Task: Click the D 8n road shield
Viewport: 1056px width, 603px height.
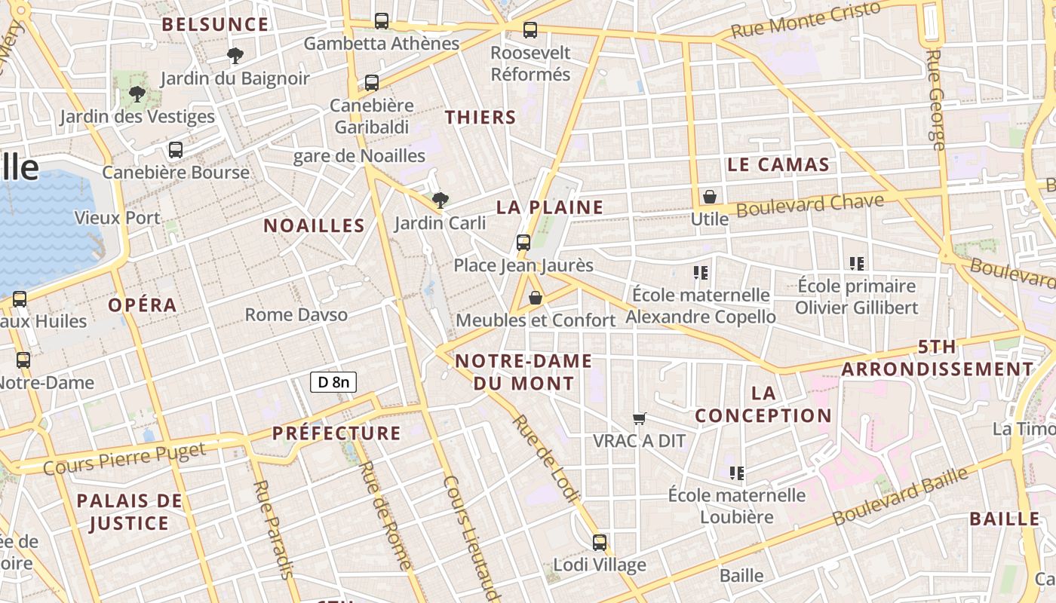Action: point(333,382)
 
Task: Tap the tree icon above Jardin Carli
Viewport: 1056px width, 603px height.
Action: point(441,200)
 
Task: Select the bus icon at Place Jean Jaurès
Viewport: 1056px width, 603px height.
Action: point(523,243)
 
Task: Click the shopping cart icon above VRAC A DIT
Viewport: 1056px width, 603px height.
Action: point(640,418)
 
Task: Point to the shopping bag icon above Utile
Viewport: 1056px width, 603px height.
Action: point(710,197)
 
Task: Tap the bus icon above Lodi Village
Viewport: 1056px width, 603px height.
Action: point(600,542)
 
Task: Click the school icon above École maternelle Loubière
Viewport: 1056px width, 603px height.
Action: point(737,473)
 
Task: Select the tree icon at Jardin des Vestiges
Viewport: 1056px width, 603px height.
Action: point(137,94)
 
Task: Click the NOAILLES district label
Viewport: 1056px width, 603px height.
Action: point(314,225)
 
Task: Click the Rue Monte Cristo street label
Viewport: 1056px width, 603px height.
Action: point(806,20)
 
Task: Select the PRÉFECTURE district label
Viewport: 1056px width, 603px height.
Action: point(336,433)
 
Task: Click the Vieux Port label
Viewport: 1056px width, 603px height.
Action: point(117,218)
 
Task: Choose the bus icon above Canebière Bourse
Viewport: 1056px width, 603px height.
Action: point(176,150)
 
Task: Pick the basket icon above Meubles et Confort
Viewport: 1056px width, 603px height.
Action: point(536,298)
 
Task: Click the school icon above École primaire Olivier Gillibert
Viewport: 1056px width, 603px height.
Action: point(857,264)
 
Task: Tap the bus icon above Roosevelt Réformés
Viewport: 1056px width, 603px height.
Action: point(530,30)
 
